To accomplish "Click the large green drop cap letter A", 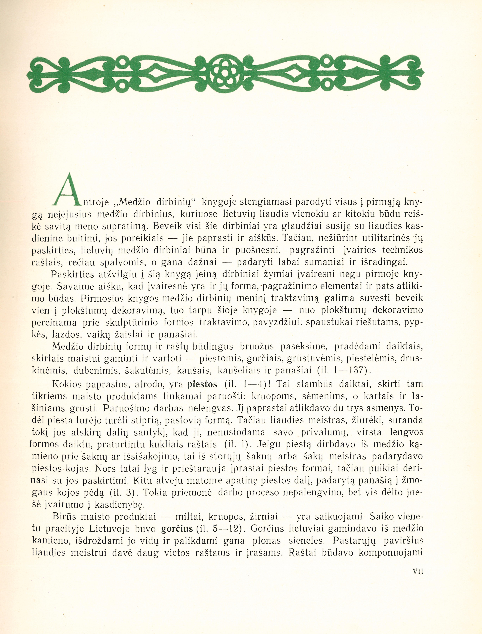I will (x=69, y=190).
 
